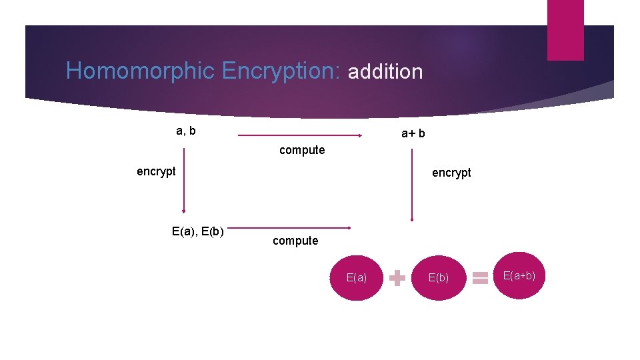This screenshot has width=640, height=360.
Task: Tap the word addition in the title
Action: point(385,71)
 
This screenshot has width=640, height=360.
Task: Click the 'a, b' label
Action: point(186,131)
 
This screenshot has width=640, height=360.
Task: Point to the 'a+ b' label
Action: point(413,134)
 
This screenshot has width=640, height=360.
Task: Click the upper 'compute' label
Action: point(302,150)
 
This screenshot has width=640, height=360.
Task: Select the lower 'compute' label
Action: point(295,241)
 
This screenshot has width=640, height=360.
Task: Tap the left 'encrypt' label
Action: point(156,171)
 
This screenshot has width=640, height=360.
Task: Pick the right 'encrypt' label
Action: point(451,173)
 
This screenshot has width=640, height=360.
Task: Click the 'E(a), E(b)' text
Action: point(198,232)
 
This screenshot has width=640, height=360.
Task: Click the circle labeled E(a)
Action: point(357,277)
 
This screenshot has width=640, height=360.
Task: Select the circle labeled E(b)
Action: point(438,277)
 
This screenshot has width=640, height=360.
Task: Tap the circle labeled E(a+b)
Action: point(519,275)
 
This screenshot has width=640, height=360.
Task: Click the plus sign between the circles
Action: point(397,278)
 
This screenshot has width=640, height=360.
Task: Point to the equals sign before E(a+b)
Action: point(479,278)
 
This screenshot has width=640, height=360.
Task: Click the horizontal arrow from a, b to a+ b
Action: point(300,135)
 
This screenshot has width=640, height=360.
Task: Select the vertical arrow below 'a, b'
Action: point(183,180)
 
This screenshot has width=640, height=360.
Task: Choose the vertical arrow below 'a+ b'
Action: point(412,183)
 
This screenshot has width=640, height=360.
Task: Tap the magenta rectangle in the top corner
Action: point(565,30)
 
